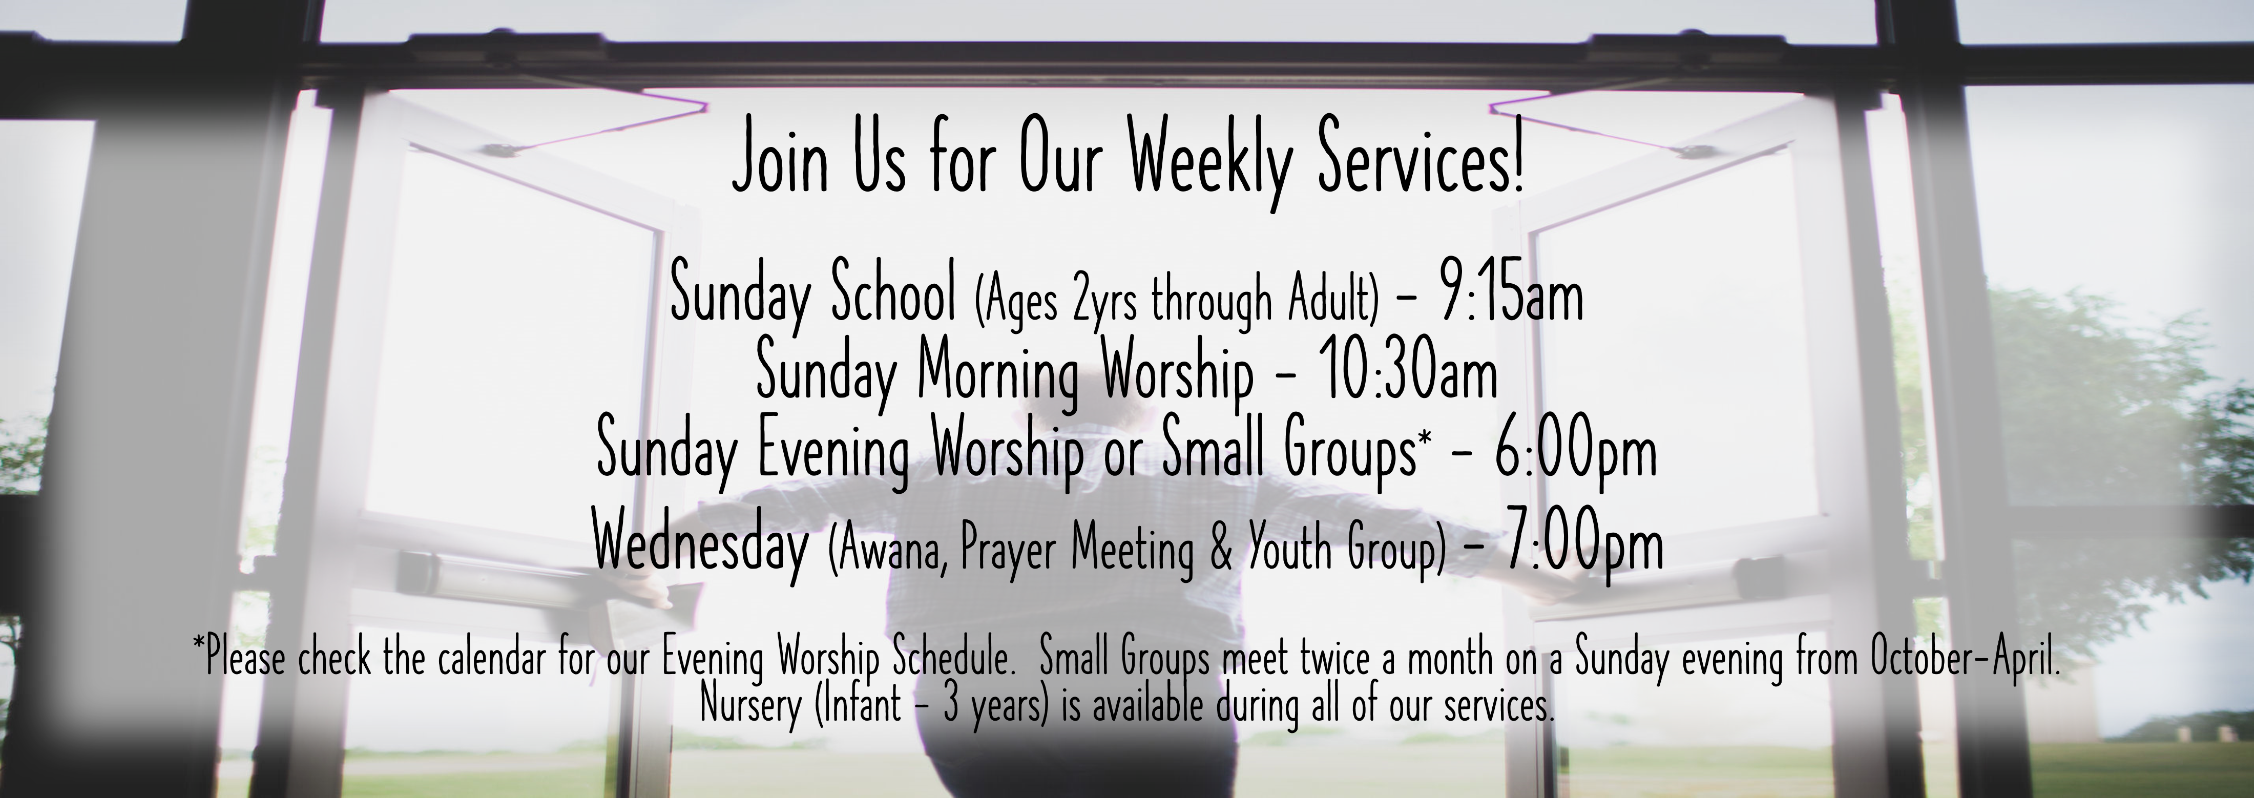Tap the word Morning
(997, 376)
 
